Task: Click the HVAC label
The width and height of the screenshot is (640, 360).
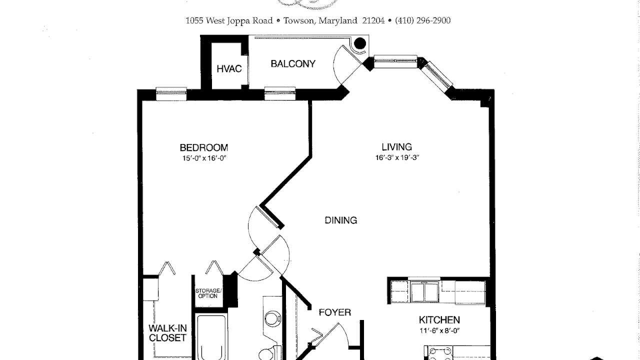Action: point(229,69)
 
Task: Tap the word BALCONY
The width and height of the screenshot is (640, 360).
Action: point(293,63)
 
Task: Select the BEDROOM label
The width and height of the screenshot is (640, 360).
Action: point(204,147)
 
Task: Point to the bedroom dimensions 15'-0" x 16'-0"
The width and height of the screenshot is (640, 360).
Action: point(204,158)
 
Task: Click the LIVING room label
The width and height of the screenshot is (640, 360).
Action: point(397,147)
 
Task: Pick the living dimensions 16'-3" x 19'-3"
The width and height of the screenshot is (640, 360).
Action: point(397,157)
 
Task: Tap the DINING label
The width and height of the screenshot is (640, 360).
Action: point(341,220)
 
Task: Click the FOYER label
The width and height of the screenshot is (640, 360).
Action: point(335,312)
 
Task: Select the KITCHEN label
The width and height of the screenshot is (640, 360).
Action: point(439,319)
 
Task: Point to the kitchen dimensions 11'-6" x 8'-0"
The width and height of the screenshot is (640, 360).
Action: point(439,331)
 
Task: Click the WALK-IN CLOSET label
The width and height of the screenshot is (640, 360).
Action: point(167,333)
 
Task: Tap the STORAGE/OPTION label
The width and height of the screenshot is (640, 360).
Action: point(208,293)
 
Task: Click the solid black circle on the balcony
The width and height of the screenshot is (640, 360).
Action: point(360,43)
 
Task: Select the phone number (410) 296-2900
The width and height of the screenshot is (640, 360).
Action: point(423,20)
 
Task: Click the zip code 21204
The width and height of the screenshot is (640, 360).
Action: point(373,20)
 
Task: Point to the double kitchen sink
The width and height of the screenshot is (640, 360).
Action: point(424,291)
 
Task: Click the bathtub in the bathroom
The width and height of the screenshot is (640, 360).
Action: point(211,337)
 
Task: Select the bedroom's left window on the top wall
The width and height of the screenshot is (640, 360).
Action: point(171,93)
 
